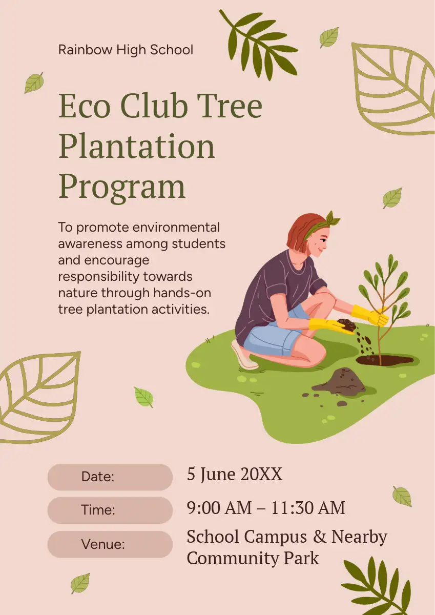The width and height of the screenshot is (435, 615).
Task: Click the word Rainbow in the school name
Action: point(86,50)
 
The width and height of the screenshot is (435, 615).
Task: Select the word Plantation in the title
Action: point(137,147)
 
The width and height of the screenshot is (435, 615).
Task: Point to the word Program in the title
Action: point(122,188)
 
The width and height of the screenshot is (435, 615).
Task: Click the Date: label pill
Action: point(110,477)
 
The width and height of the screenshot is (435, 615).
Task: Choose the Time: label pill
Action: point(110,510)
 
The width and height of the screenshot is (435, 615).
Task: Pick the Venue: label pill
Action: point(110,544)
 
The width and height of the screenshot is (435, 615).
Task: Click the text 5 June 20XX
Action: point(235,475)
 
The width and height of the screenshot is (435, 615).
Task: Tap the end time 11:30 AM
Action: point(308,508)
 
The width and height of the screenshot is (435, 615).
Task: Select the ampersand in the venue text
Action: point(319,536)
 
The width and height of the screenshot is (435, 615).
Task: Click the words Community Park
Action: point(253,558)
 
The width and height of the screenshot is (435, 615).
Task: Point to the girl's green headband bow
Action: point(333,218)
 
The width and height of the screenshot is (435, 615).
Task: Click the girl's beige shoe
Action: point(244,356)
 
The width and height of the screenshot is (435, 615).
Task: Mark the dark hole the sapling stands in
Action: point(385,360)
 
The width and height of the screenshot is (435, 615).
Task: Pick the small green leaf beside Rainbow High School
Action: point(34,83)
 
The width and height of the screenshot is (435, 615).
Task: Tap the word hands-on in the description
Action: point(182,293)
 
